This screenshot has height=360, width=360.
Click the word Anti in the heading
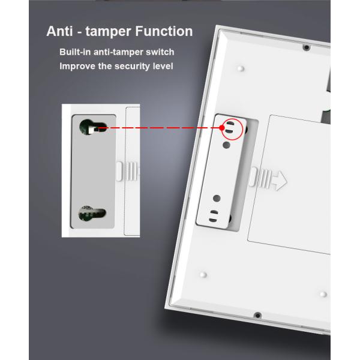[x=59, y=31]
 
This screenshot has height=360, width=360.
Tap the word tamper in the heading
[x=109, y=32]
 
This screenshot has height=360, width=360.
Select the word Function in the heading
[x=164, y=31]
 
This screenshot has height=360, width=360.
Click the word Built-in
[x=75, y=52]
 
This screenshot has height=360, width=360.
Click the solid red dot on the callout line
[x=222, y=128]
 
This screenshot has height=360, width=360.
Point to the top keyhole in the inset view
[x=92, y=127]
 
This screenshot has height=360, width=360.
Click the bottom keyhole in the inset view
[x=92, y=213]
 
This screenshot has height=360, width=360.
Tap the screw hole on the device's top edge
[x=307, y=47]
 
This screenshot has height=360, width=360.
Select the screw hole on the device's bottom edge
[x=257, y=315]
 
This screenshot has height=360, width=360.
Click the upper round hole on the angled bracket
[x=226, y=145]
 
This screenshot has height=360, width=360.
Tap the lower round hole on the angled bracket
[x=217, y=198]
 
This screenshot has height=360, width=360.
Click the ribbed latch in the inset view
[x=127, y=171]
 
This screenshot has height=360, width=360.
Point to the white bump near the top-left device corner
[x=241, y=68]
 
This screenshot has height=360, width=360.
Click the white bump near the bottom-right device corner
[x=323, y=294]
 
